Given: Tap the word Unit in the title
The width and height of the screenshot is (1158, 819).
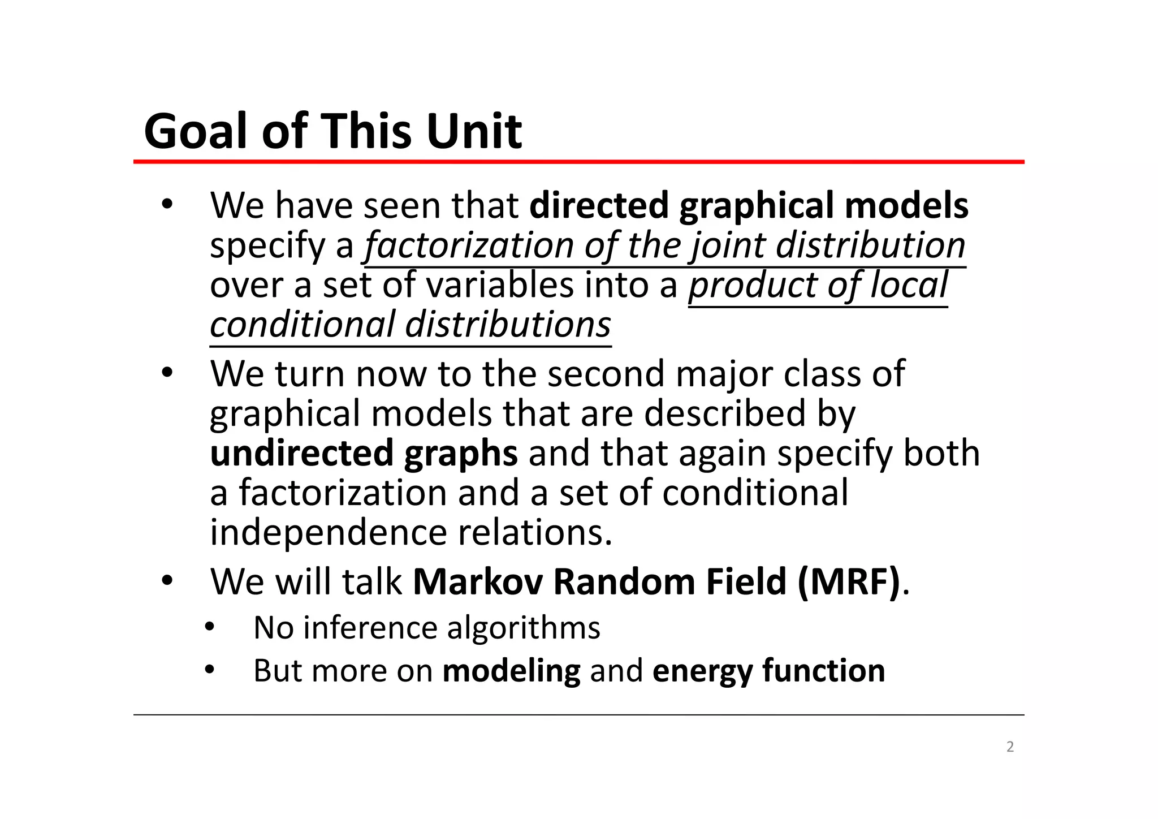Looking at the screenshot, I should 474,131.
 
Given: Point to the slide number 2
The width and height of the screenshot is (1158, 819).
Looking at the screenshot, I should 1010,747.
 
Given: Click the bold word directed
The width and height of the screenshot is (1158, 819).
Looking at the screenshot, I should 599,205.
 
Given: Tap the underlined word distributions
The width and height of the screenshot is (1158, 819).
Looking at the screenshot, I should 508,325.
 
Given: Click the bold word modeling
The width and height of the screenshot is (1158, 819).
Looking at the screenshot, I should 511,671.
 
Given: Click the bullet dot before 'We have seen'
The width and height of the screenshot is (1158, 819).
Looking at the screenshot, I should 166,205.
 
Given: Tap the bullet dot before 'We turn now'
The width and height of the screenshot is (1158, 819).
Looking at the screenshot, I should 166,374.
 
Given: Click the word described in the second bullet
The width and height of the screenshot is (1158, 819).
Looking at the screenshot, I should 724,413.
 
